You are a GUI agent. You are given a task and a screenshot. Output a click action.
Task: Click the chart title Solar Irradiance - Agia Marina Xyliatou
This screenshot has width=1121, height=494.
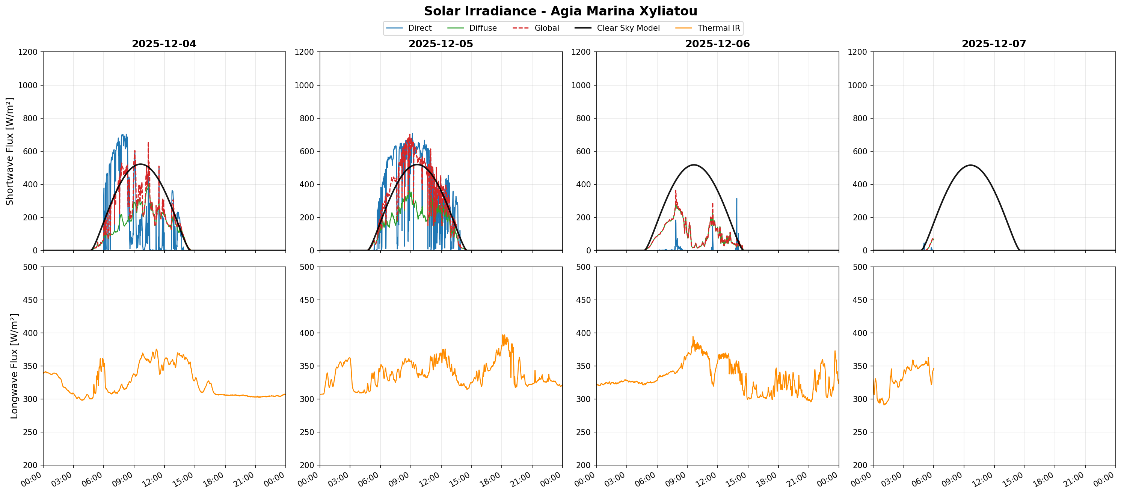tap(560, 11)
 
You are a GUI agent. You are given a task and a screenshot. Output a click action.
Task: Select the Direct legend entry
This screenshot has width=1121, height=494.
tap(419, 28)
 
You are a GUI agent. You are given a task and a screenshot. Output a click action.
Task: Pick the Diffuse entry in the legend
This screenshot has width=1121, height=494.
tap(483, 28)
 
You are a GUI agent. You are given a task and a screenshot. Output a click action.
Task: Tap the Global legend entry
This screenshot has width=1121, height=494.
tap(546, 28)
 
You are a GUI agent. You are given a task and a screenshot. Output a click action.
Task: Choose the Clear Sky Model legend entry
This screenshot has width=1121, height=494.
tap(628, 28)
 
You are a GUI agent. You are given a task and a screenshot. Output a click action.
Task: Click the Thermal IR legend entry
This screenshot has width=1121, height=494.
tap(718, 28)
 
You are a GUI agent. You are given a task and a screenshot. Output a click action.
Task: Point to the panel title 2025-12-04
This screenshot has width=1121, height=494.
tap(164, 44)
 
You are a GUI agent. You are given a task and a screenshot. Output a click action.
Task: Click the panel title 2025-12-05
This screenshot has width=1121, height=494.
tap(441, 44)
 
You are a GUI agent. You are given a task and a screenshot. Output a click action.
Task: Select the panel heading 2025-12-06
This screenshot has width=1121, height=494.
tap(718, 44)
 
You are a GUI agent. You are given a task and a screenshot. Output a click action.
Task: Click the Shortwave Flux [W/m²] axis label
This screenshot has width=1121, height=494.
tap(9, 151)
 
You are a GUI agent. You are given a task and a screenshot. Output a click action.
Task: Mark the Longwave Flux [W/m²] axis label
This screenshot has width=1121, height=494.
tap(14, 366)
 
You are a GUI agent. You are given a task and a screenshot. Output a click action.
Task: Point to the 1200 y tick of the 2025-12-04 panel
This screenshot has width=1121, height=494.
tap(28, 52)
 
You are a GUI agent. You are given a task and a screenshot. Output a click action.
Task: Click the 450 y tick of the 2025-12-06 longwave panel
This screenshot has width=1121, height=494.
tap(583, 300)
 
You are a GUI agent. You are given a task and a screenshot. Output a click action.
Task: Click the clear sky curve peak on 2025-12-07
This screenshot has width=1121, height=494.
tap(970, 165)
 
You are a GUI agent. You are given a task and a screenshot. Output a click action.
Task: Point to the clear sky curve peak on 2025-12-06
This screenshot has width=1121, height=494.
tap(694, 165)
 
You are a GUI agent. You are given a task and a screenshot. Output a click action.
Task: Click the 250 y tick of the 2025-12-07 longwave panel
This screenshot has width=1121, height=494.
tap(860, 432)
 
